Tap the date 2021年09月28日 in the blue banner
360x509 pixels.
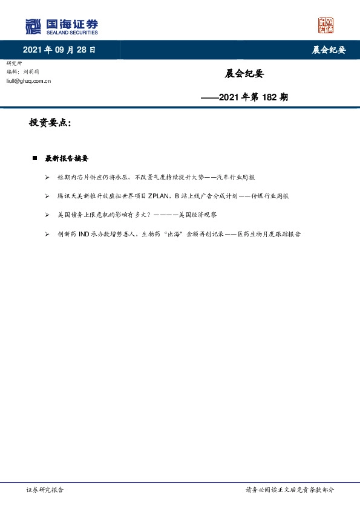59,50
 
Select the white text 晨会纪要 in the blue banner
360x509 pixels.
329,50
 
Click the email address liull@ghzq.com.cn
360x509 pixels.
28,80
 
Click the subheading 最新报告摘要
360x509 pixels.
67,158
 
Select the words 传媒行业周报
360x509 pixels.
270,196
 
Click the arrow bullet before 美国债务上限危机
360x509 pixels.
47,215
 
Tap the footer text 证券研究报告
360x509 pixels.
45,490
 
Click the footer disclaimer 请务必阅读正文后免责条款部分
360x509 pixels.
289,490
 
